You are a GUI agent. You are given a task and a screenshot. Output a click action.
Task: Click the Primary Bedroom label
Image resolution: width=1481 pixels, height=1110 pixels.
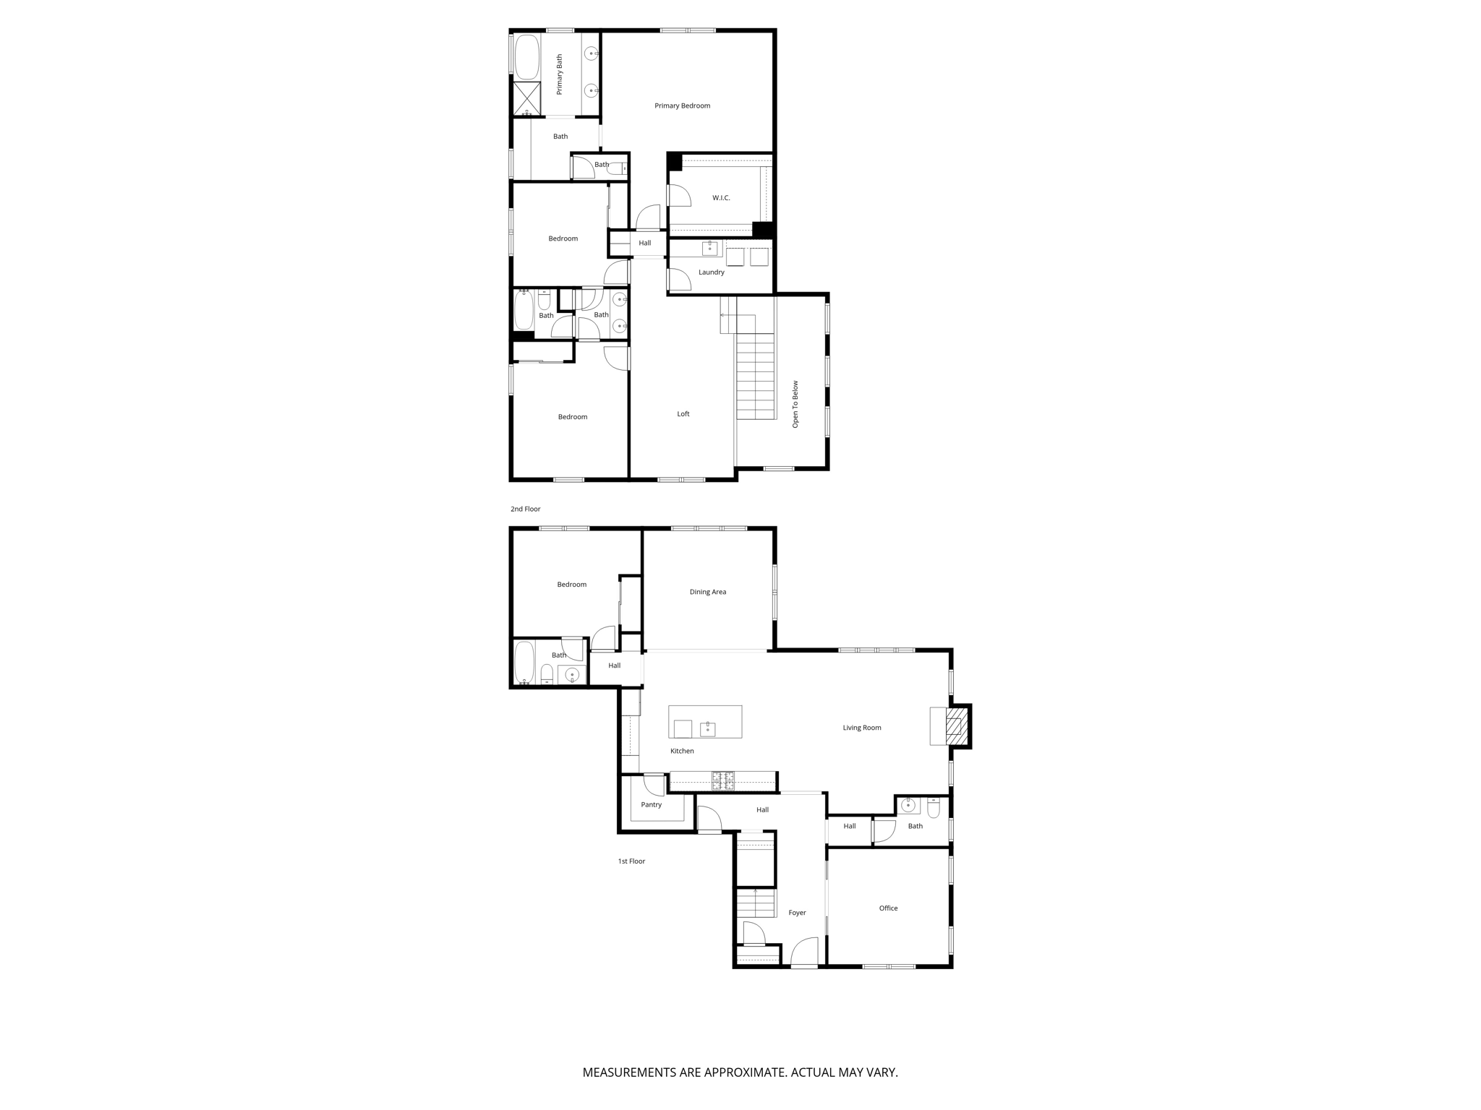pyautogui.click(x=682, y=106)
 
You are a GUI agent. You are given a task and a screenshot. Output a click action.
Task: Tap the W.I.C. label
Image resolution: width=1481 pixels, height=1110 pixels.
pyautogui.click(x=721, y=197)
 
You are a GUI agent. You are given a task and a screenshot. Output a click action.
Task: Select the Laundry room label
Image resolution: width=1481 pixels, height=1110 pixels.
pyautogui.click(x=712, y=272)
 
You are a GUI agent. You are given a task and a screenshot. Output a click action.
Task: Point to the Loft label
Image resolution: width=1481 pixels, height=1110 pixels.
pyautogui.click(x=683, y=414)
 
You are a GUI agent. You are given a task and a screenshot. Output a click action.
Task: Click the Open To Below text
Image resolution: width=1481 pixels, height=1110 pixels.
pyautogui.click(x=795, y=404)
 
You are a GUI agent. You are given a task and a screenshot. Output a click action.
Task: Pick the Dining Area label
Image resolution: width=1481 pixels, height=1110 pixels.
pyautogui.click(x=708, y=592)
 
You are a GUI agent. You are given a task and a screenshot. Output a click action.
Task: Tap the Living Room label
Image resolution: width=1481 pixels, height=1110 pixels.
pyautogui.click(x=862, y=728)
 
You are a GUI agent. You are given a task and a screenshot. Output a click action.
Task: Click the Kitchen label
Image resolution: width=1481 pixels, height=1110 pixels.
pyautogui.click(x=682, y=751)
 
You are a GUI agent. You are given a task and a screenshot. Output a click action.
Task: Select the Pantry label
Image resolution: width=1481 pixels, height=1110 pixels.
pyautogui.click(x=652, y=804)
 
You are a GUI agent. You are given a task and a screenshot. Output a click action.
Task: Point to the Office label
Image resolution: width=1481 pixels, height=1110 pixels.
pyautogui.click(x=889, y=908)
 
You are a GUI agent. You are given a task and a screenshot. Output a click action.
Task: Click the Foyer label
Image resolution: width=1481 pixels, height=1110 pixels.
pyautogui.click(x=798, y=913)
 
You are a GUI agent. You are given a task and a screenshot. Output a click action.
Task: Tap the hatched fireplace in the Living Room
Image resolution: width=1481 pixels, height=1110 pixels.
pyautogui.click(x=957, y=726)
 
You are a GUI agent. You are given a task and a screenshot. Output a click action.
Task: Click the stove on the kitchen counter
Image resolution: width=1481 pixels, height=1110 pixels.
pyautogui.click(x=723, y=780)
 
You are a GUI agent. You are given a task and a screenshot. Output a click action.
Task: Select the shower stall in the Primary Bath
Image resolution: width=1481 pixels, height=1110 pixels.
pyautogui.click(x=526, y=99)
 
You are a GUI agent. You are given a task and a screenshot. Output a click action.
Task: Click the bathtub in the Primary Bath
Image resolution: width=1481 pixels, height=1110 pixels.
pyautogui.click(x=527, y=56)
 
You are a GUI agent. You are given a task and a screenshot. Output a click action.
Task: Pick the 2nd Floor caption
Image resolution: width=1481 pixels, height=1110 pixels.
pyautogui.click(x=526, y=509)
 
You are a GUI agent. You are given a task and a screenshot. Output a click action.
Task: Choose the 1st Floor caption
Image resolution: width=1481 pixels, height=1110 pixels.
pyautogui.click(x=631, y=861)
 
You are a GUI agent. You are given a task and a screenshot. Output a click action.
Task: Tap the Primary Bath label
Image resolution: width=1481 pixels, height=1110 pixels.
pyautogui.click(x=560, y=74)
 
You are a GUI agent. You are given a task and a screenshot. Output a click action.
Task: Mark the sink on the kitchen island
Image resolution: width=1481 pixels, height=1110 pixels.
pyautogui.click(x=708, y=729)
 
